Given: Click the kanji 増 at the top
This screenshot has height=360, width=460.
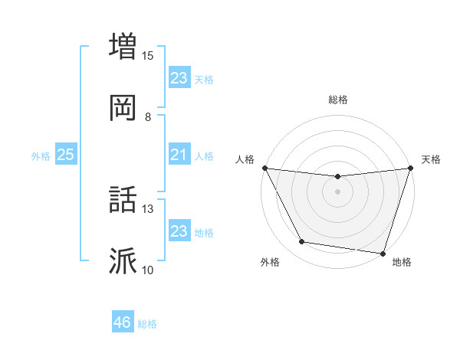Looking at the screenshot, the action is pyautogui.click(x=123, y=45).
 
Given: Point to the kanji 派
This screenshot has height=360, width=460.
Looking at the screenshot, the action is pyautogui.click(x=123, y=261).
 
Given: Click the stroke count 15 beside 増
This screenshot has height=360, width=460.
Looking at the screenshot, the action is pyautogui.click(x=148, y=55).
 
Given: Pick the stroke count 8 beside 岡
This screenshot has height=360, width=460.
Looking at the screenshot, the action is pyautogui.click(x=148, y=116).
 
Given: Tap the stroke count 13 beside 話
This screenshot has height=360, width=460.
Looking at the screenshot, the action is pyautogui.click(x=148, y=208).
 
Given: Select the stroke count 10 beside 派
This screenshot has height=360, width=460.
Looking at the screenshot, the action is pyautogui.click(x=148, y=270).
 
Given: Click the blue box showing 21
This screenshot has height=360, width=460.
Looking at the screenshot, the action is pyautogui.click(x=179, y=155).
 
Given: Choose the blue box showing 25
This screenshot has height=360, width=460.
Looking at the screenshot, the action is pyautogui.click(x=66, y=155).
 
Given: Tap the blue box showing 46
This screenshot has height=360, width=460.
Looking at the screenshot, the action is pyautogui.click(x=123, y=322).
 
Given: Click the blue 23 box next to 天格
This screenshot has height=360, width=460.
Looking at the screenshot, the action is pyautogui.click(x=179, y=78).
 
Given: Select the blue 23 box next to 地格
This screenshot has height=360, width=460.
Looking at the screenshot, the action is pyautogui.click(x=179, y=231).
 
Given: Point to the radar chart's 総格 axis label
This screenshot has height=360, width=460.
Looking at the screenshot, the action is pyautogui.click(x=337, y=100).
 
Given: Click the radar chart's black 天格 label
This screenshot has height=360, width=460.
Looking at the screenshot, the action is pyautogui.click(x=431, y=159).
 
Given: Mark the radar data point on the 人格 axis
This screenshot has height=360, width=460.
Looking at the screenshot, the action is pyautogui.click(x=264, y=168).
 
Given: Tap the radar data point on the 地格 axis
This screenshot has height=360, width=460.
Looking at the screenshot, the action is pyautogui.click(x=382, y=254).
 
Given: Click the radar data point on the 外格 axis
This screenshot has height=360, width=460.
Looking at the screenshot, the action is pyautogui.click(x=301, y=242).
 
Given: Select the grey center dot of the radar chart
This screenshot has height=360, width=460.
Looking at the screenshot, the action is pyautogui.click(x=337, y=191).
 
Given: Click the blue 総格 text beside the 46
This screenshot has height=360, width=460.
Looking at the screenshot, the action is pyautogui.click(x=147, y=324).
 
